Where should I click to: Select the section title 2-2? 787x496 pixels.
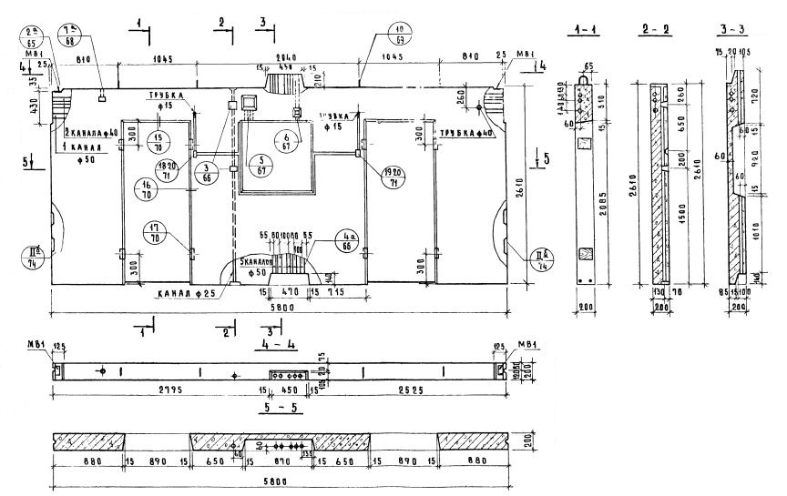(x=656, y=31)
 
